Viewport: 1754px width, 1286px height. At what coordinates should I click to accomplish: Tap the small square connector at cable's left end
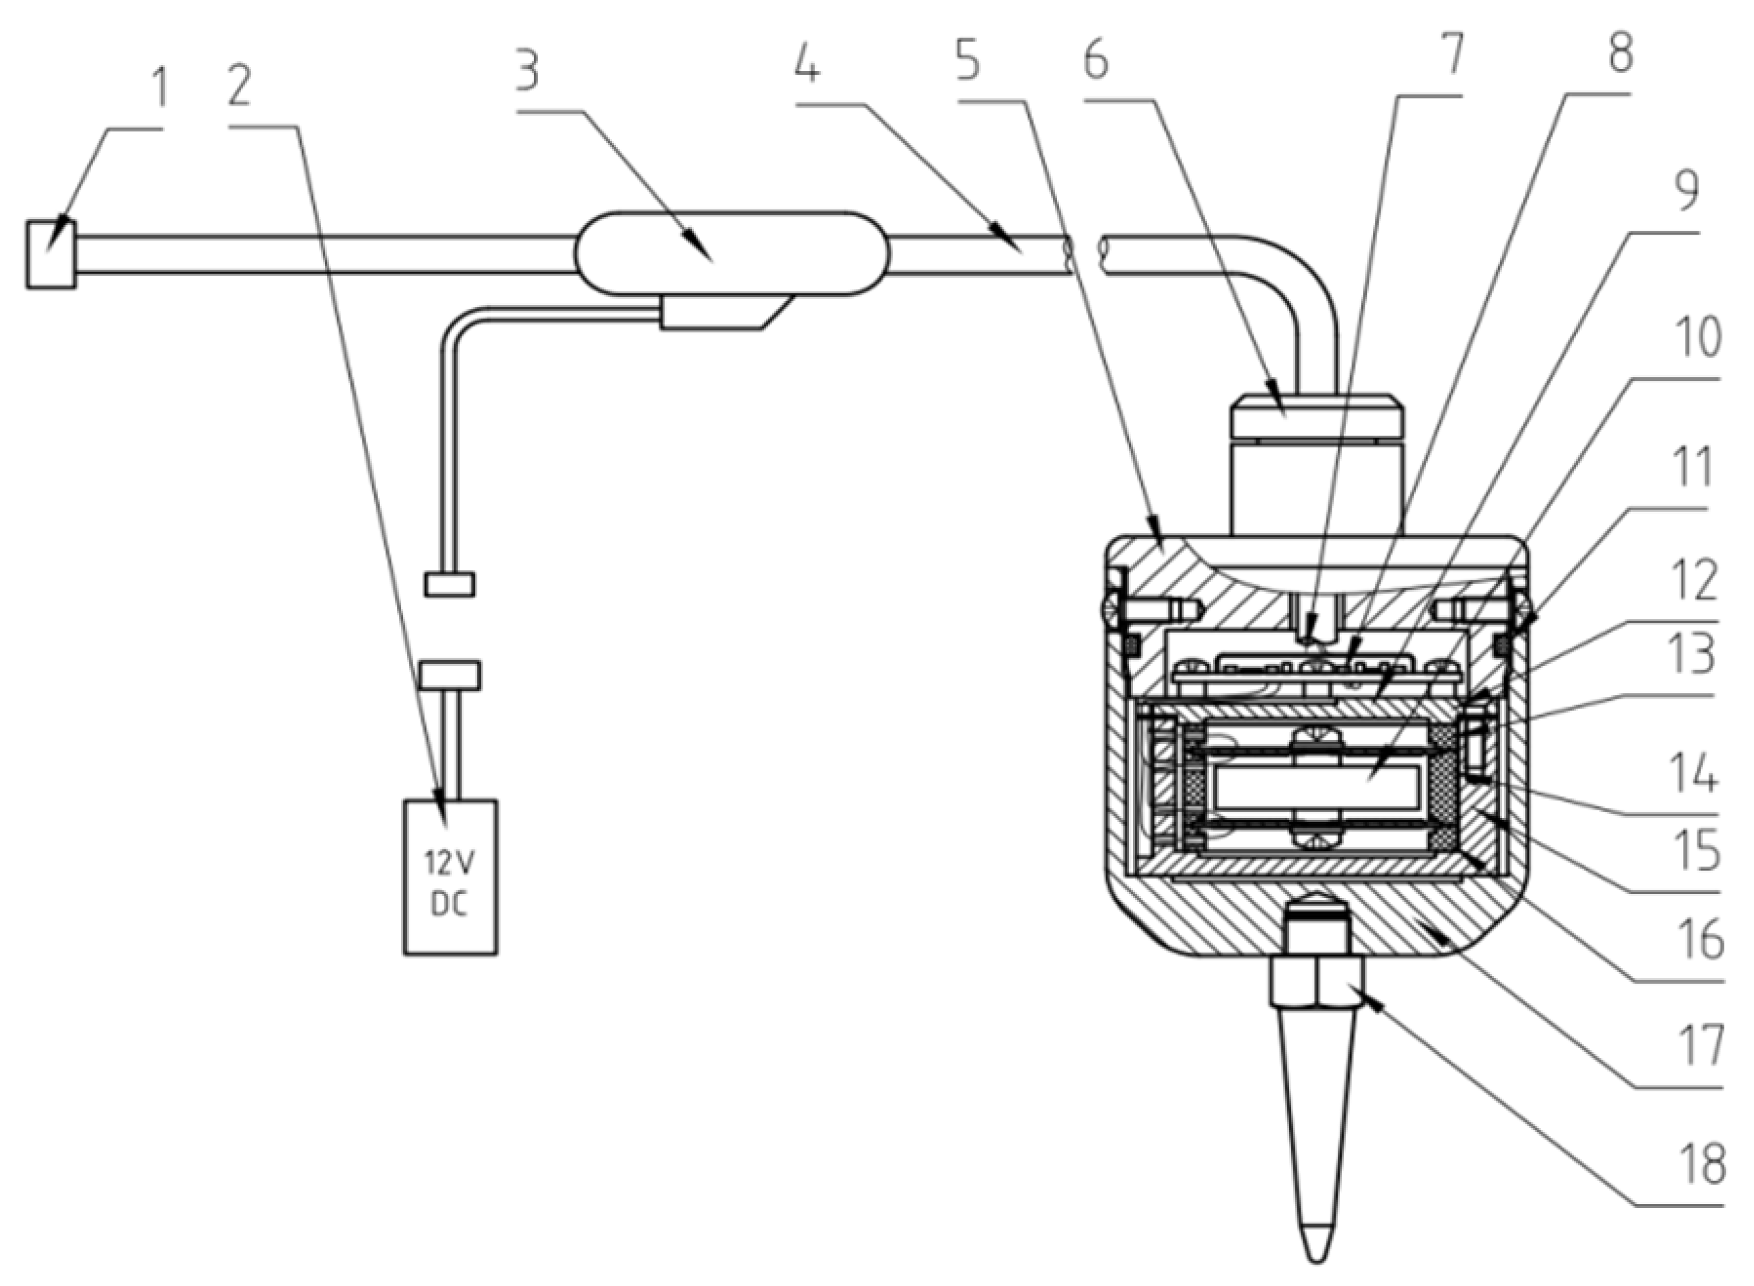point(50,255)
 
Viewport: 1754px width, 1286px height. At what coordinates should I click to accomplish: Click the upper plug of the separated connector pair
point(450,584)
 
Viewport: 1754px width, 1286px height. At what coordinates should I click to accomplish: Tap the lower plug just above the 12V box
point(450,675)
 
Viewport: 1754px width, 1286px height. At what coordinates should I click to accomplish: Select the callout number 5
point(968,61)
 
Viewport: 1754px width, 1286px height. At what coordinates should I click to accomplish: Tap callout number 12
point(1697,580)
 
